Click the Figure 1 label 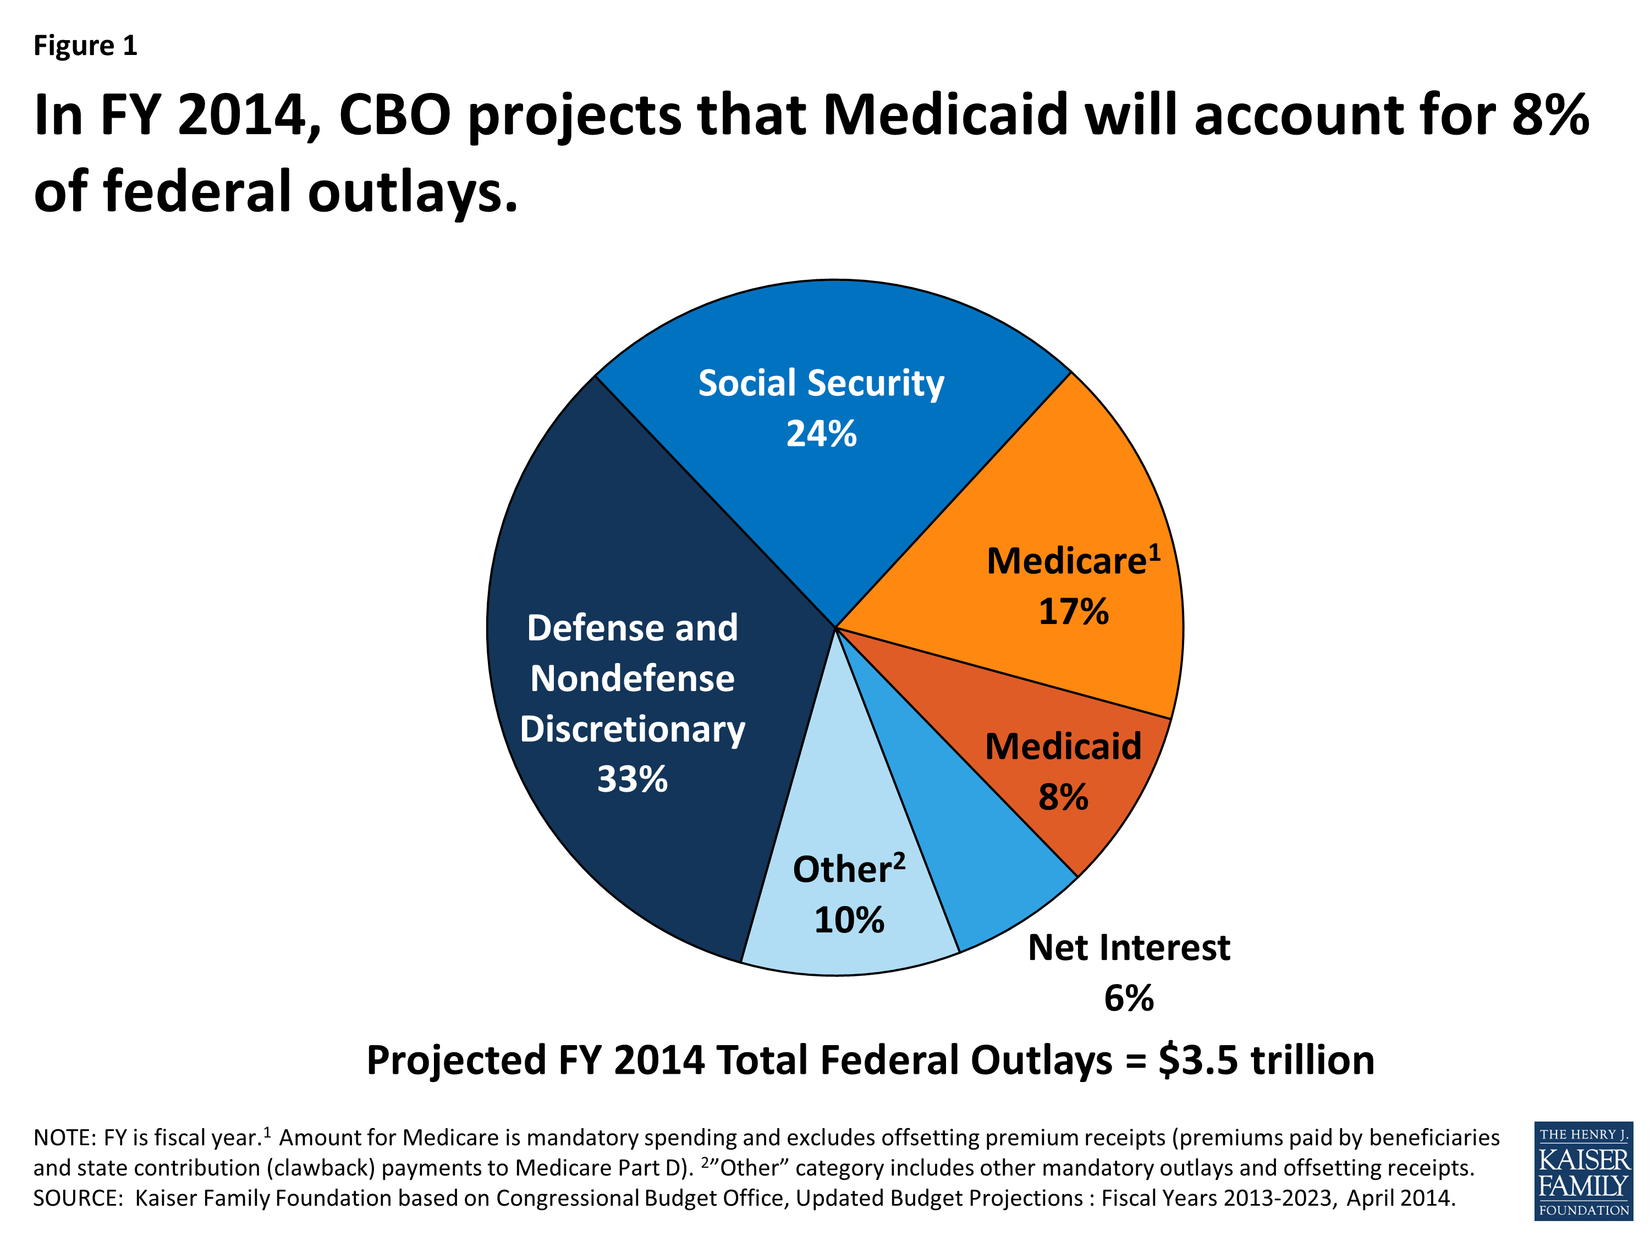click(85, 46)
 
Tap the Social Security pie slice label click(821, 383)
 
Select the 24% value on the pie click(821, 434)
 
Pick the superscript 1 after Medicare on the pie click(1154, 552)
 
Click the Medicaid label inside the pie click(1063, 747)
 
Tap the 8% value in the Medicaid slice click(1063, 797)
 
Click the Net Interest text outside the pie click(1129, 948)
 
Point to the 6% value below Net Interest click(1129, 998)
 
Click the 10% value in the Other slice click(849, 920)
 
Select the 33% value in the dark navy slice click(632, 779)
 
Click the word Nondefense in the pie click(632, 678)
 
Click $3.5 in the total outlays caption click(1198, 1061)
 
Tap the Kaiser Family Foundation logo click(1583, 1172)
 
